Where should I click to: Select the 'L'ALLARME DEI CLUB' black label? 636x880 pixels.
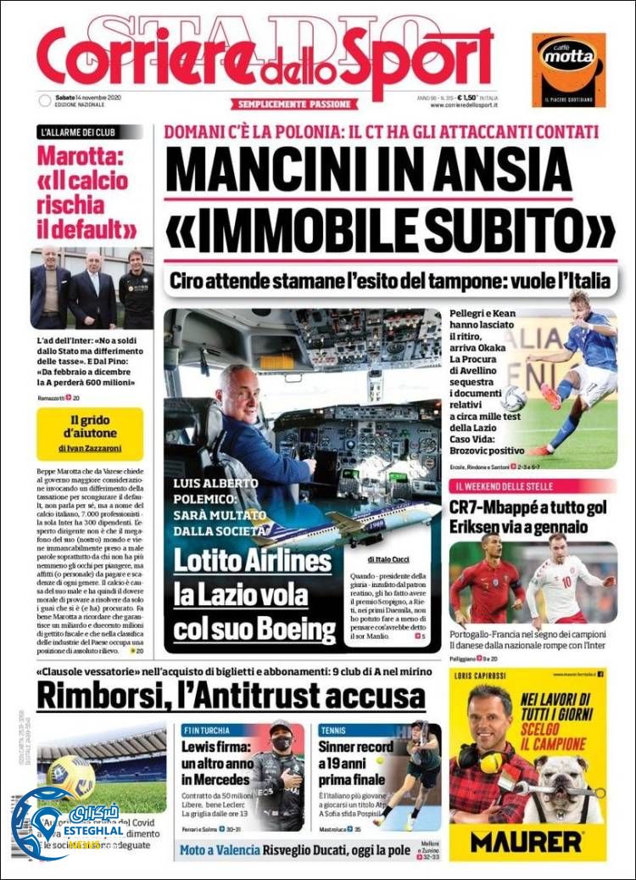pyautogui.click(x=88, y=132)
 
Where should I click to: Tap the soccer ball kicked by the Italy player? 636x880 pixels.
pyautogui.click(x=513, y=396)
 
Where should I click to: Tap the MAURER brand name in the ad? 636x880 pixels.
pyautogui.click(x=527, y=842)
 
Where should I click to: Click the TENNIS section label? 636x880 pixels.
pyautogui.click(x=335, y=730)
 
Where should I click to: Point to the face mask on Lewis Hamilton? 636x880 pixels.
pyautogui.click(x=282, y=743)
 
